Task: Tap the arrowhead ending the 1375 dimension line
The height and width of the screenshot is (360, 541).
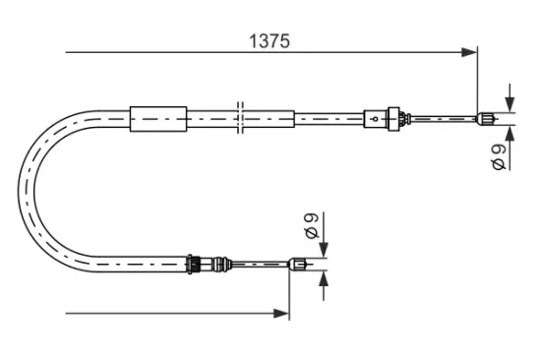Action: click(470, 53)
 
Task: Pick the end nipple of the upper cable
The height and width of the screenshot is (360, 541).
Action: click(484, 121)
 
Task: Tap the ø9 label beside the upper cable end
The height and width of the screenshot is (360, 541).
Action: click(499, 155)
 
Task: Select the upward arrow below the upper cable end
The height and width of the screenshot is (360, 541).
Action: click(510, 136)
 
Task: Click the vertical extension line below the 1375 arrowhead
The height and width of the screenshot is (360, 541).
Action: click(477, 84)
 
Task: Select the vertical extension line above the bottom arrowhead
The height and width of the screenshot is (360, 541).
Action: click(289, 290)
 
